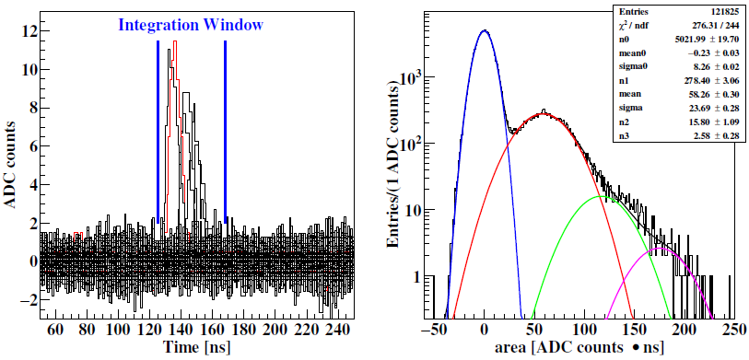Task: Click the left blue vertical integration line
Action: (x=158, y=129)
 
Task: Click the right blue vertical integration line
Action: (x=225, y=129)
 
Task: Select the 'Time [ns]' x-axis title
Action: (x=195, y=348)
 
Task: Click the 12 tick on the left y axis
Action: (x=30, y=31)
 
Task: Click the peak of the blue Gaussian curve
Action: (x=485, y=30)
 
